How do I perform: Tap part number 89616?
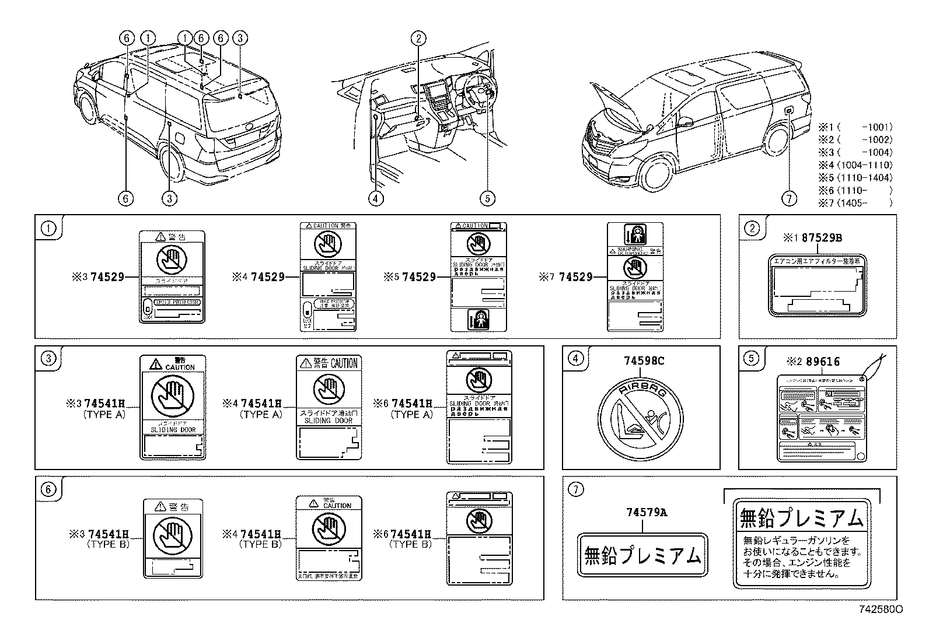click(x=823, y=362)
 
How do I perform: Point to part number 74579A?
click(x=646, y=513)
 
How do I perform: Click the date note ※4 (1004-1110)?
click(x=855, y=165)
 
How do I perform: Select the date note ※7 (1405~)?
click(x=855, y=204)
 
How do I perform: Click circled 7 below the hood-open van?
click(x=788, y=199)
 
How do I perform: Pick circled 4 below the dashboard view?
click(x=376, y=199)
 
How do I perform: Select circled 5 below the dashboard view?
click(x=487, y=199)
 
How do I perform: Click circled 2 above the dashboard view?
click(x=418, y=38)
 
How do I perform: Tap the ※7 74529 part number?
click(x=575, y=277)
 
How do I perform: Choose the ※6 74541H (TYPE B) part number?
click(x=410, y=534)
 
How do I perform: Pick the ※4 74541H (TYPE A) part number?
click(x=261, y=403)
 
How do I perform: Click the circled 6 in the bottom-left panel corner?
click(x=49, y=489)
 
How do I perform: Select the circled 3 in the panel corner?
click(x=49, y=358)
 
